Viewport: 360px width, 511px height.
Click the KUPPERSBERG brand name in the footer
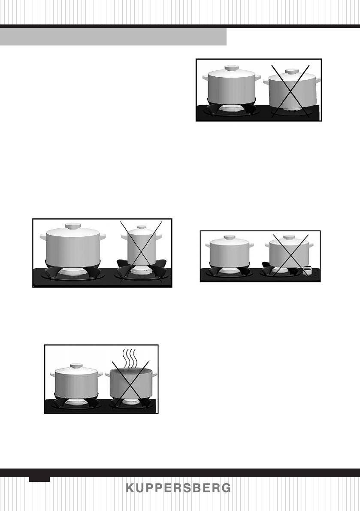coord(178,488)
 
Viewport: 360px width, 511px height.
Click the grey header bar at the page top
coord(113,37)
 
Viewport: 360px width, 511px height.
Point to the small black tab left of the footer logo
coord(39,478)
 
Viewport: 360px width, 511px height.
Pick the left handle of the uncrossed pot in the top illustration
coord(205,79)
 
